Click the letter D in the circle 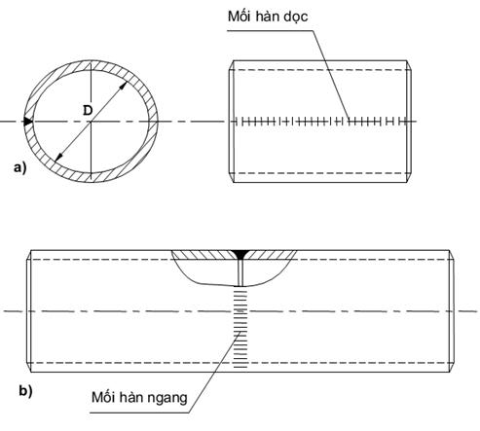click(88, 111)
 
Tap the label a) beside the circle click(19, 168)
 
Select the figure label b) click(25, 391)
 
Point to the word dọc click(296, 17)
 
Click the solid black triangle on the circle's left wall click(28, 122)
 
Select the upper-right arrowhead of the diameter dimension click(124, 86)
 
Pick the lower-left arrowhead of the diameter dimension click(58, 157)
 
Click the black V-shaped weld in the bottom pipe click(240, 255)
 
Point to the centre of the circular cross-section click(91, 122)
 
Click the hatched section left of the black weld click(203, 255)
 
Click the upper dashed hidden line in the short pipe click(320, 70)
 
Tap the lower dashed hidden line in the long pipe click(240, 363)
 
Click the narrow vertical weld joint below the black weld click(240, 273)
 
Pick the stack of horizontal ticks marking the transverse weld click(240, 329)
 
